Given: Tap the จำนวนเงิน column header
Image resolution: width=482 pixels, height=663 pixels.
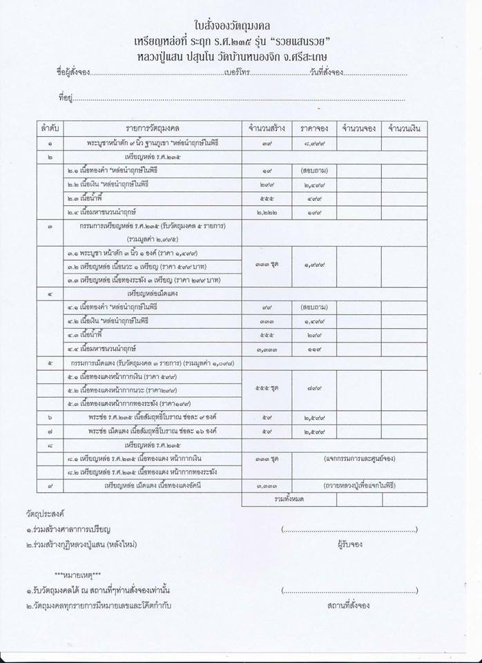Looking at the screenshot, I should click(x=407, y=129).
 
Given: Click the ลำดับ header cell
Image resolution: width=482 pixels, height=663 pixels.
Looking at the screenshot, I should click(x=49, y=129).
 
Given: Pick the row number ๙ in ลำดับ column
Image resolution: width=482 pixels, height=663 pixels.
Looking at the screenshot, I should click(x=49, y=486).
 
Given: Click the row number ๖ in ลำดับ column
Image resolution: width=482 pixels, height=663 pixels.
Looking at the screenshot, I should click(x=49, y=418).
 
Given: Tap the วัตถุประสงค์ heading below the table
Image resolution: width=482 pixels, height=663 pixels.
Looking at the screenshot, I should click(x=42, y=515).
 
